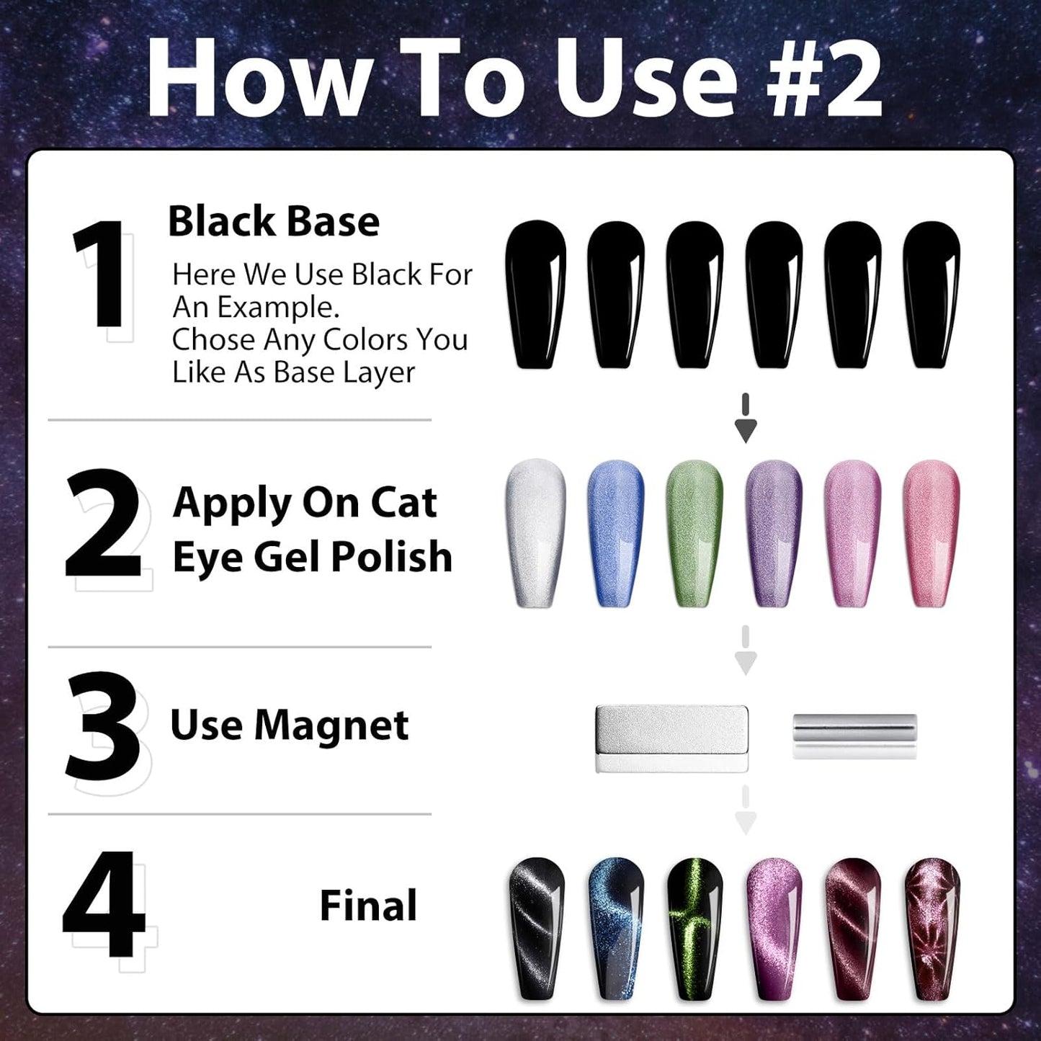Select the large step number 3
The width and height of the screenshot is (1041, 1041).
click(x=103, y=726)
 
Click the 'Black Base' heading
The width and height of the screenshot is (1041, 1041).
click(x=273, y=221)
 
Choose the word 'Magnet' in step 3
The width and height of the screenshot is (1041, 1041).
click(x=331, y=725)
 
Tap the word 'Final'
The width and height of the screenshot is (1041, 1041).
click(x=368, y=906)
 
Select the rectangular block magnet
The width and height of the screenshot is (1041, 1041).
click(x=671, y=738)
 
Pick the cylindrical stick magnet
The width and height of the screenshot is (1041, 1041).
click(x=854, y=735)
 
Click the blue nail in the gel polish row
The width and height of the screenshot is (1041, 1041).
click(x=615, y=533)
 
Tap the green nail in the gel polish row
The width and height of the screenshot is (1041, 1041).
click(x=694, y=533)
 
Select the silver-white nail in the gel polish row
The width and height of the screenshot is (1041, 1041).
click(x=536, y=533)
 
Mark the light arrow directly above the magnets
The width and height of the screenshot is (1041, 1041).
click(x=746, y=652)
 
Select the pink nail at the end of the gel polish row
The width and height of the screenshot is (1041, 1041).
click(x=931, y=533)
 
